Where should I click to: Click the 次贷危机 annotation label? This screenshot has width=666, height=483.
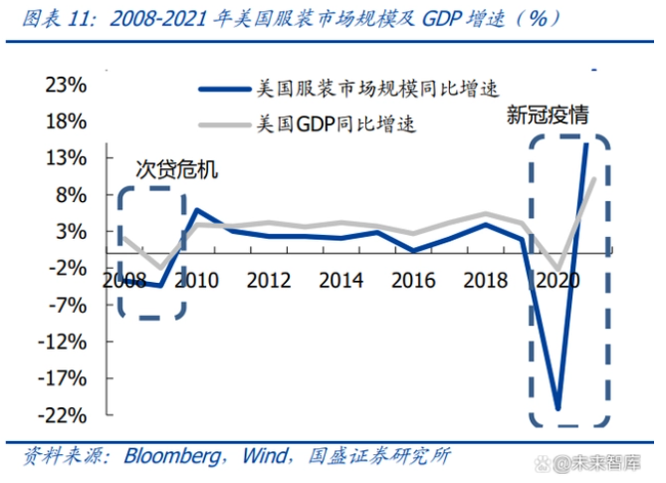[x=176, y=170]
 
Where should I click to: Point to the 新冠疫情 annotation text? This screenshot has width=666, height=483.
[x=548, y=116]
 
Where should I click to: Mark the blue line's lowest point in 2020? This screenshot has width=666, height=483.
[x=558, y=408]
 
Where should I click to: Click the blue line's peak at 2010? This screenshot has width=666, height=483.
[x=196, y=210]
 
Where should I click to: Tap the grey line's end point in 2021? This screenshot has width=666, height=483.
[x=595, y=178]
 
